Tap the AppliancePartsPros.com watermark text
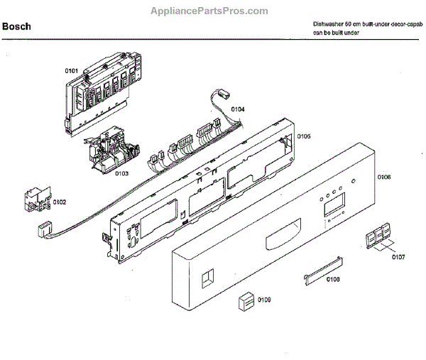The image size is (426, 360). point(209,11)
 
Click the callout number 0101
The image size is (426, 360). point(72,71)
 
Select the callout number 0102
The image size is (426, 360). point(59,202)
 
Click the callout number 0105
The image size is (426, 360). point(304,136)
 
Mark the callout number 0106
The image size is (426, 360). point(384,176)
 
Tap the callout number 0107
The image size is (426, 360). point(398,256)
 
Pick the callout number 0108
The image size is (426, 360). point(333,279)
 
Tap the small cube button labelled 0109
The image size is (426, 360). point(246,301)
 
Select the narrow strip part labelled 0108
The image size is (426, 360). point(320,273)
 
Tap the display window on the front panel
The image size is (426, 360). point(334,208)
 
